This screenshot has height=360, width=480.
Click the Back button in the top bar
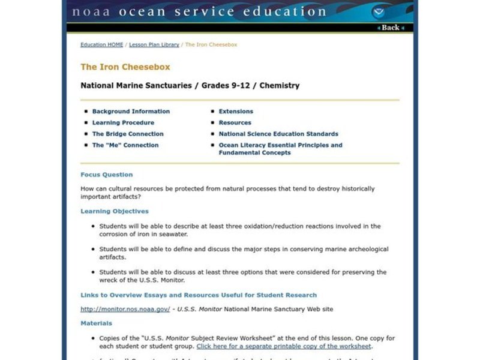pos(389,28)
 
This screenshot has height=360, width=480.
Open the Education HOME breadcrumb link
pos(102,45)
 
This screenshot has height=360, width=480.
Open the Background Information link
pos(131,112)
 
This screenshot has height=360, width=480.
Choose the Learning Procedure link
pos(123,122)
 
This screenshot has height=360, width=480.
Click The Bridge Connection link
pos(128,134)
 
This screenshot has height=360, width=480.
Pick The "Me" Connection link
pos(125,145)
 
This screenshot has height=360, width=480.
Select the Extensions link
pos(236,112)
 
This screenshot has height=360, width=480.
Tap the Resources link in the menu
pos(235,122)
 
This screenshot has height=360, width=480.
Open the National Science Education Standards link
pos(278,134)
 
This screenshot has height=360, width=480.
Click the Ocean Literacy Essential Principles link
pos(280,145)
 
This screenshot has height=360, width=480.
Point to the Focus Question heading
pos(107,175)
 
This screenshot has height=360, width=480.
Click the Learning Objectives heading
pos(115,211)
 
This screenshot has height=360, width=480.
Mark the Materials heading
pos(96,323)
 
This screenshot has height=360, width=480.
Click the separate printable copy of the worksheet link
pos(284,346)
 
